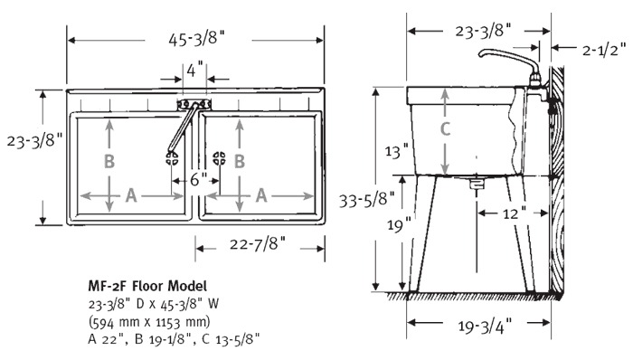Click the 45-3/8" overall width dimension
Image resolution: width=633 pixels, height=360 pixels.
pyautogui.click(x=195, y=41)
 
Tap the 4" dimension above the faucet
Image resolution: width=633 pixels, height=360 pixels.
pyautogui.click(x=195, y=68)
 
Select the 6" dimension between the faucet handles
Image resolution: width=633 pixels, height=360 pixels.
pyautogui.click(x=194, y=179)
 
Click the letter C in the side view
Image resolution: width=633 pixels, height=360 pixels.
pyautogui.click(x=444, y=129)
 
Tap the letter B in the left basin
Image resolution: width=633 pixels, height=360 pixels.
pyautogui.click(x=109, y=163)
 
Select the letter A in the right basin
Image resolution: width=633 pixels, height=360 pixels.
pyautogui.click(x=262, y=194)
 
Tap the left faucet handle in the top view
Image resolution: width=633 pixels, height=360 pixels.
pyautogui.click(x=170, y=158)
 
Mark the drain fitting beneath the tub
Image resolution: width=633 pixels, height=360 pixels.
pyautogui.click(x=477, y=183)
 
